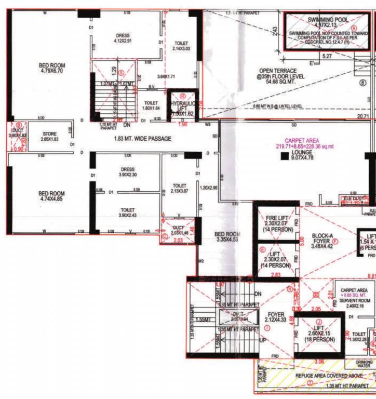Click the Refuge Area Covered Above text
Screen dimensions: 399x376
pos(317,375)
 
